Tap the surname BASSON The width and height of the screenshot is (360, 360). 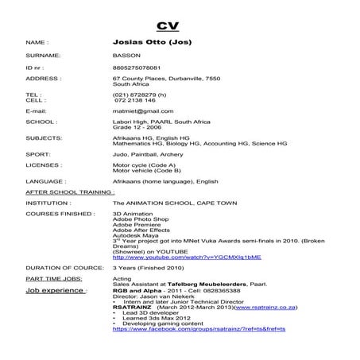coord(126,56)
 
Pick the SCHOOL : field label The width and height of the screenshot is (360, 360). coord(41,122)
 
